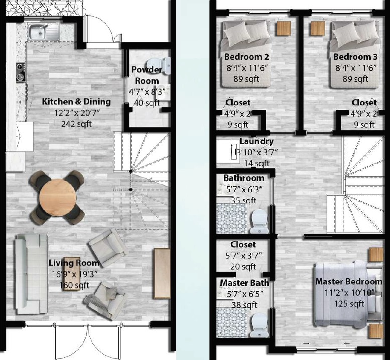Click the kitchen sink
point(44,31)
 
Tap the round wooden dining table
point(58,198)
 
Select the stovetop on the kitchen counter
point(21,72)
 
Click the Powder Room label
point(147,75)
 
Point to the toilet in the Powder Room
point(159,66)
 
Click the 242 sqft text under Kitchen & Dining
point(77,124)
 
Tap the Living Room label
point(74,263)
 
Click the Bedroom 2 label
point(246,57)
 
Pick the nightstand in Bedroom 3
point(318,28)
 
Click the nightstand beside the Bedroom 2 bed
point(284,28)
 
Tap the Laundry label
point(256,141)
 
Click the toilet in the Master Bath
point(259,325)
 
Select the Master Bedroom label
point(349,281)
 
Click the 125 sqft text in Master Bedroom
point(349,304)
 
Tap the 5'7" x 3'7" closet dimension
point(243,255)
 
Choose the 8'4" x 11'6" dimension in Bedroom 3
point(356,68)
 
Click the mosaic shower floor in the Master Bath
point(232,322)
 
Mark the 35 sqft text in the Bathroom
point(244,200)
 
